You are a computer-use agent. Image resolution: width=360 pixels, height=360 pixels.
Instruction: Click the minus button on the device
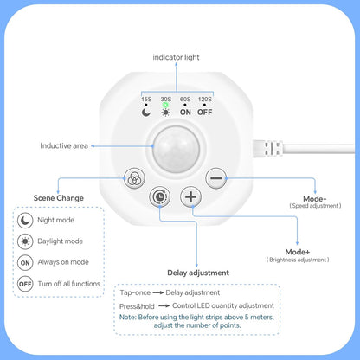(216, 178)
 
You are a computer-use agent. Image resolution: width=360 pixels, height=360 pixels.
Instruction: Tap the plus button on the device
(190, 196)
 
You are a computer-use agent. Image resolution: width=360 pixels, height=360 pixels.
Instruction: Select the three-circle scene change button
(134, 178)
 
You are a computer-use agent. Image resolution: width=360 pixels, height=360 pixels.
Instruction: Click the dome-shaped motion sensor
(177, 149)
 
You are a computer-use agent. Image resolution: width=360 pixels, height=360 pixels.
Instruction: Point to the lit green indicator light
(165, 105)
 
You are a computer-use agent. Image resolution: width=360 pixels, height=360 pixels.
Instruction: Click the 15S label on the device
(146, 99)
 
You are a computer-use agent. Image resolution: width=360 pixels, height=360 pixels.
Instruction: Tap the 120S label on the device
(205, 99)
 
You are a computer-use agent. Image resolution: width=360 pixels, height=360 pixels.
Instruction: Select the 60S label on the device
(185, 99)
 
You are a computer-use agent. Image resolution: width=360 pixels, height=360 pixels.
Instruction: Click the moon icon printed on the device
(146, 112)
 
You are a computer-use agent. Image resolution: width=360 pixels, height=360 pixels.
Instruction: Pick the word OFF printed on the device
(205, 112)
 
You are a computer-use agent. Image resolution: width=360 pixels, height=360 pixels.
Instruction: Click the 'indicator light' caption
(176, 57)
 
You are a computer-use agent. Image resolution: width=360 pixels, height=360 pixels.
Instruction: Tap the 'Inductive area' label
(64, 145)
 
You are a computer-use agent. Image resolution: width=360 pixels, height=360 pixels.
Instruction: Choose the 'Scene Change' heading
(59, 198)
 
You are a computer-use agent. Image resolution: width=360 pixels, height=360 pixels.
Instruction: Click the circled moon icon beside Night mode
(25, 220)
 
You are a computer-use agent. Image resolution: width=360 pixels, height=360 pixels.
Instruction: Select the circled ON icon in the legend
(25, 263)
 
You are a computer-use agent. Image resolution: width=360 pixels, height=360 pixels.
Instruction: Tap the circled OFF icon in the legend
(25, 284)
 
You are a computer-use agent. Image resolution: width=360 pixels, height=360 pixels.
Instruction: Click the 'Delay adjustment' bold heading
(198, 273)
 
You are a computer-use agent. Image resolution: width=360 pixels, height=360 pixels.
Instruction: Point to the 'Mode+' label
(298, 252)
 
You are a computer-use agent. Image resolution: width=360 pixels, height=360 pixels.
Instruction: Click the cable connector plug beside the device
(267, 149)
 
